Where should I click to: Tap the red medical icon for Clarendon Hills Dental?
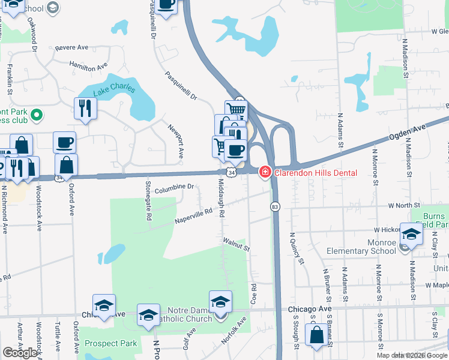tap(264, 173)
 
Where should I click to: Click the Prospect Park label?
tap(111, 343)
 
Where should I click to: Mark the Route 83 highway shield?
tap(274, 206)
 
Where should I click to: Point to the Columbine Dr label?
tap(173, 188)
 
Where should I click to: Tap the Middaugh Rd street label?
tap(221, 197)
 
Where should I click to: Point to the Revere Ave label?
tap(71, 47)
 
